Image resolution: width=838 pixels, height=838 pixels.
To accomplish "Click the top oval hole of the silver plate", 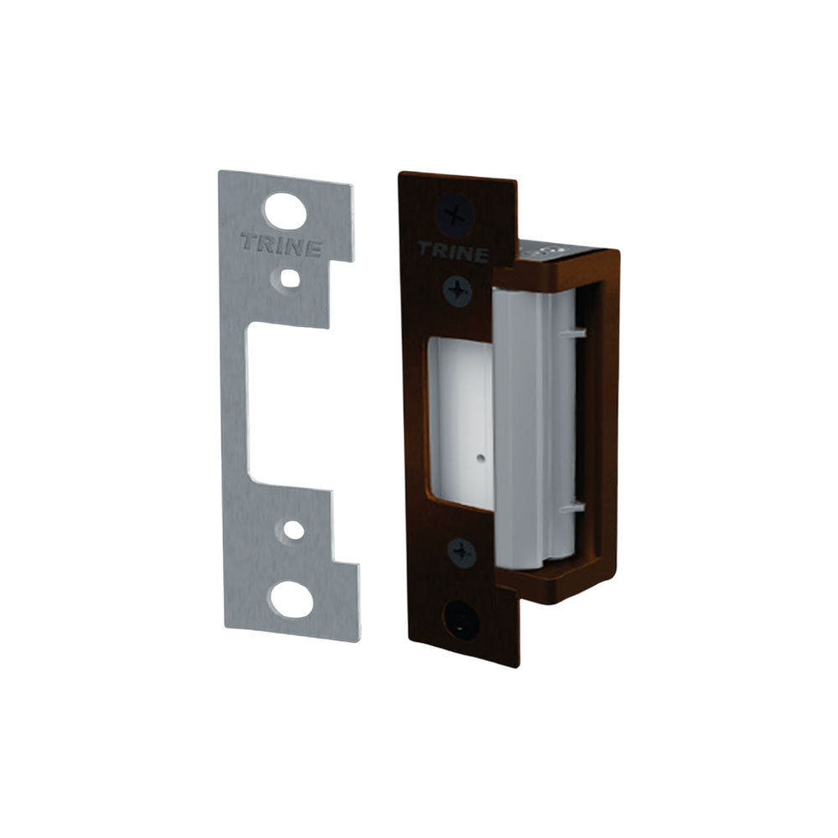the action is pos(286,211).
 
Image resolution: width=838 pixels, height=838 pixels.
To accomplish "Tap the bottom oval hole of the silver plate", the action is pos(292,600).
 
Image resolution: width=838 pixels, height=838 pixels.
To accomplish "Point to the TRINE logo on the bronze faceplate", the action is pos(453,251).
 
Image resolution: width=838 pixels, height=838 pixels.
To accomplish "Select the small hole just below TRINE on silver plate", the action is pos(289,278).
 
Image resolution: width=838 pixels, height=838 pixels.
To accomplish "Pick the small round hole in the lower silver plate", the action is pos(293,530).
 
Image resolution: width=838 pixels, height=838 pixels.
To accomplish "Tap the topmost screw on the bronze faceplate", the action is pos(455,215).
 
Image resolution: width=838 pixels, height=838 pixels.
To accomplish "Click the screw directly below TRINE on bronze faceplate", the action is pos(458,292).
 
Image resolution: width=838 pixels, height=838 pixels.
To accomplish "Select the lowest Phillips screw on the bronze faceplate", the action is pos(461,553).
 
